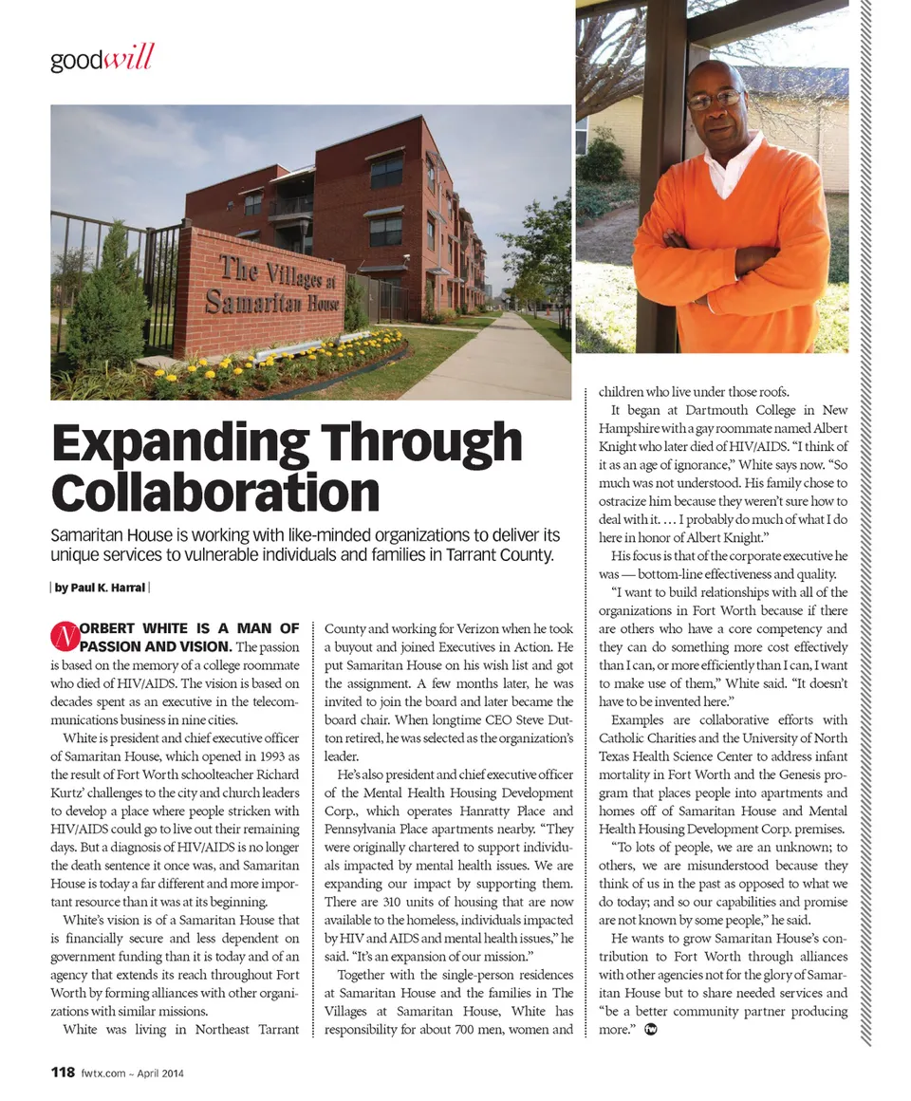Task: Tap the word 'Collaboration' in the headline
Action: pyautogui.click(x=215, y=492)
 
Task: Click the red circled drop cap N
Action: pyautogui.click(x=63, y=635)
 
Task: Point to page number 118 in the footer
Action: pyautogui.click(x=62, y=1073)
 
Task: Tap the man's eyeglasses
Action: pyautogui.click(x=715, y=98)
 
